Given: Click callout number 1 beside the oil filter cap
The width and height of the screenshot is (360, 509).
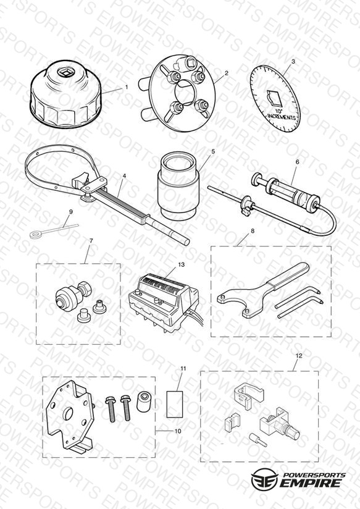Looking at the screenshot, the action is tap(127, 87).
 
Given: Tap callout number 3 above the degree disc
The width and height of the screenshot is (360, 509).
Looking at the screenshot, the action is tap(293, 61).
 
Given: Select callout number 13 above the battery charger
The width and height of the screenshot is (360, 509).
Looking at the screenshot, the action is tap(182, 264).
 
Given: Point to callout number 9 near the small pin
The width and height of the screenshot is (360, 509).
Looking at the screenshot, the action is tap(71, 212).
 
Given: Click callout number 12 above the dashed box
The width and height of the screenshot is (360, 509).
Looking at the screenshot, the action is tap(299, 355).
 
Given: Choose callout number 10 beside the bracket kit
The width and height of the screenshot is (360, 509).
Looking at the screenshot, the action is tap(178, 431).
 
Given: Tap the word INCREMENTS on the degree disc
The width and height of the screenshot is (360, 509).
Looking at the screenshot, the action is tap(282, 116).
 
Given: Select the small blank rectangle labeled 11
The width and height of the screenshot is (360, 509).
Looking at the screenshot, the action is tap(175, 404).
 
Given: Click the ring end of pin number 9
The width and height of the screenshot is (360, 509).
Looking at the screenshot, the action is tap(34, 234).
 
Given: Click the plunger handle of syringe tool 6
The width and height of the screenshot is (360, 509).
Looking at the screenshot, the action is tap(257, 179).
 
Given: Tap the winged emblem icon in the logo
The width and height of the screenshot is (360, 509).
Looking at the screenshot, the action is tap(265, 479).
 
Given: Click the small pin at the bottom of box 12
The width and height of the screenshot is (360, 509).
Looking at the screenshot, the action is tap(257, 440).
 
